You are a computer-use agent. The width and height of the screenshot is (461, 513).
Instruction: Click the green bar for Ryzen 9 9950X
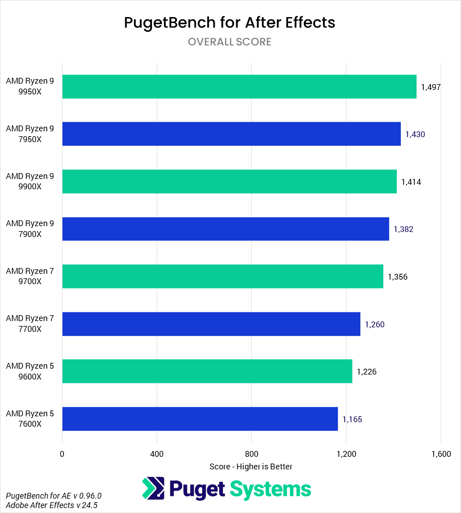(x=239, y=87)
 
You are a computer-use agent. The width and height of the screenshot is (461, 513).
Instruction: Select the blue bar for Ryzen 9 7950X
(x=231, y=134)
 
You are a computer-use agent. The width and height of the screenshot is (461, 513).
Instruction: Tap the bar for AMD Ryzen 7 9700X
(x=222, y=276)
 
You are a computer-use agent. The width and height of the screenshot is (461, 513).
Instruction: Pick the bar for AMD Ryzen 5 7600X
(x=200, y=419)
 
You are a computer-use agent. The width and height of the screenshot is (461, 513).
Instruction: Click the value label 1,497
(x=430, y=87)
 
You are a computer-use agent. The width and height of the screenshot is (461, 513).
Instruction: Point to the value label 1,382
(x=403, y=229)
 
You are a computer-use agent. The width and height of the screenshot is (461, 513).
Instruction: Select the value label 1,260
(x=374, y=324)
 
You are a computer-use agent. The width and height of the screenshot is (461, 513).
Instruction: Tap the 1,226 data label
(x=367, y=372)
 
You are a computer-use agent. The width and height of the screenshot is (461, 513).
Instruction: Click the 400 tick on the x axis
(x=157, y=454)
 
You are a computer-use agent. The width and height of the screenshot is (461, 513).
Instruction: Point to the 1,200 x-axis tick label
(x=346, y=454)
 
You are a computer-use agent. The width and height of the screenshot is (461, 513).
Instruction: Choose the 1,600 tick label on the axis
(x=441, y=454)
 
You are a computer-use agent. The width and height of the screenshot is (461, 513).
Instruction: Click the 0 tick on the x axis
(x=62, y=454)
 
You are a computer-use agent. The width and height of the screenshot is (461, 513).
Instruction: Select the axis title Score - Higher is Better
(x=251, y=467)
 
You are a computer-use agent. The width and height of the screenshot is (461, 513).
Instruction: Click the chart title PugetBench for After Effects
(x=230, y=22)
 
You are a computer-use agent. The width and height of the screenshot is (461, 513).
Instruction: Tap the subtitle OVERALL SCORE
(x=230, y=42)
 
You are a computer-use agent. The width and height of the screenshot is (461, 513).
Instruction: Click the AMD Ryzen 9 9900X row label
(x=30, y=181)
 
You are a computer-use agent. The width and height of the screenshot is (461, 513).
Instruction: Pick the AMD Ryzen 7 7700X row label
(x=30, y=324)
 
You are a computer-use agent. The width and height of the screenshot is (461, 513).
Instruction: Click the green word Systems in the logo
(x=270, y=489)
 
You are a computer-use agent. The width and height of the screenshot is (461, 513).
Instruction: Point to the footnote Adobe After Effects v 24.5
(x=52, y=505)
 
